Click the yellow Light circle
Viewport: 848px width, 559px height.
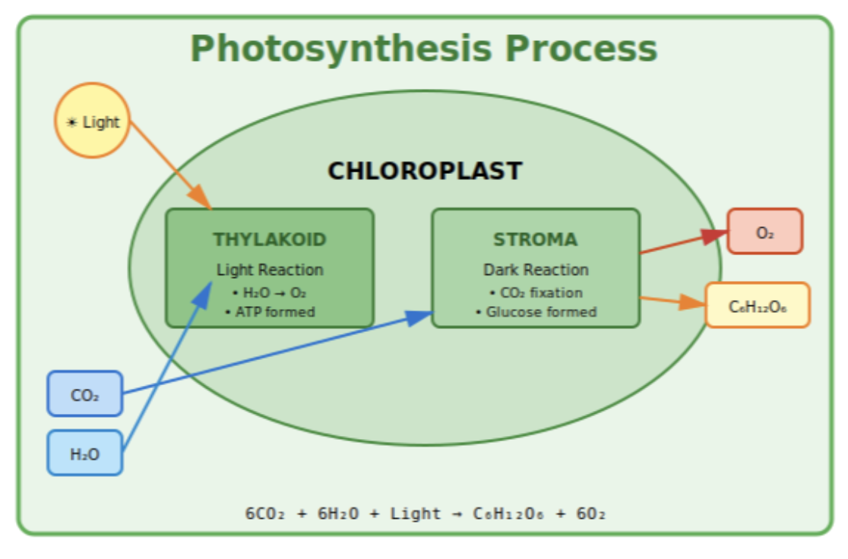pyautogui.click(x=92, y=121)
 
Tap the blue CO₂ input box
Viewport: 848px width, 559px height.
pyautogui.click(x=84, y=393)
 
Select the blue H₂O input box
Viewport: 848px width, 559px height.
pyautogui.click(x=84, y=453)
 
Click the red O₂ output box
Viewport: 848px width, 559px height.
pyautogui.click(x=764, y=231)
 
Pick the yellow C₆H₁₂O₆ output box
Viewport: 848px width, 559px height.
pyautogui.click(x=758, y=305)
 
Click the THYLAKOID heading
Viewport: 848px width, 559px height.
pyautogui.click(x=269, y=240)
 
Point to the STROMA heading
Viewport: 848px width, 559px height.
pyautogui.click(x=535, y=240)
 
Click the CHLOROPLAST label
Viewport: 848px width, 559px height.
pyautogui.click(x=425, y=171)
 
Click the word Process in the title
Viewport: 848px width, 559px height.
pyautogui.click(x=581, y=49)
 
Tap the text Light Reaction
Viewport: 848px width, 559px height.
pyautogui.click(x=270, y=270)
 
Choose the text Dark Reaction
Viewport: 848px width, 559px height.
pyautogui.click(x=536, y=270)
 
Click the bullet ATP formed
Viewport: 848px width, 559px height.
pyautogui.click(x=270, y=311)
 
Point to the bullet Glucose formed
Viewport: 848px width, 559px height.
pyautogui.click(x=536, y=311)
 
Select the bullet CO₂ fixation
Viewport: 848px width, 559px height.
pyautogui.click(x=536, y=292)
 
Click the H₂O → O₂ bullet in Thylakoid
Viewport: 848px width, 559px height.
pyautogui.click(x=270, y=292)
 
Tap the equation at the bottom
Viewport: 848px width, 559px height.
pyautogui.click(x=425, y=513)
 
